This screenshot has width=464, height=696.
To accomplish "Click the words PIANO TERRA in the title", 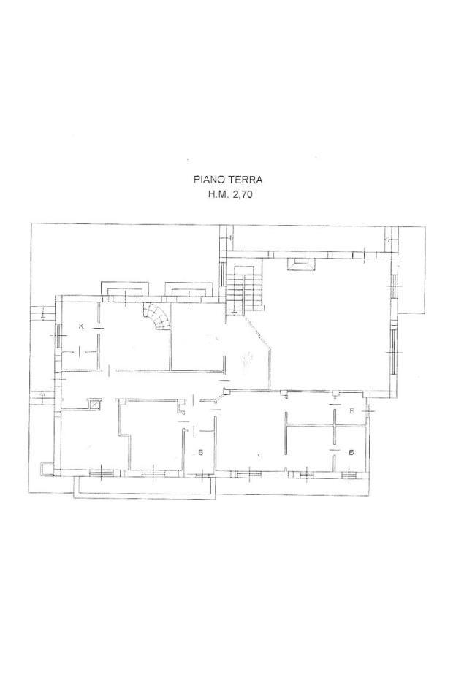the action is click(228, 180).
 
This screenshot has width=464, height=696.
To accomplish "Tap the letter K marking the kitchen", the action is click(81, 326).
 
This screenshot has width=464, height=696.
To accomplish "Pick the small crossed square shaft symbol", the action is click(95, 405).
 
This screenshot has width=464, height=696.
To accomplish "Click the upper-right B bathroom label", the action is click(351, 411).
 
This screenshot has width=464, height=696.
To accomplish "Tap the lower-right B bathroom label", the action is click(351, 453).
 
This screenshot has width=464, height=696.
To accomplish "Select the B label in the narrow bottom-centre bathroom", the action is click(201, 453).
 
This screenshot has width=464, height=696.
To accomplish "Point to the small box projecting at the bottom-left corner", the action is click(46, 468).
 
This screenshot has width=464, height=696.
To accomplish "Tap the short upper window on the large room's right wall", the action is click(392, 286).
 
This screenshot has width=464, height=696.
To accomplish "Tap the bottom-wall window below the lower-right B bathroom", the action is click(350, 475).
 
